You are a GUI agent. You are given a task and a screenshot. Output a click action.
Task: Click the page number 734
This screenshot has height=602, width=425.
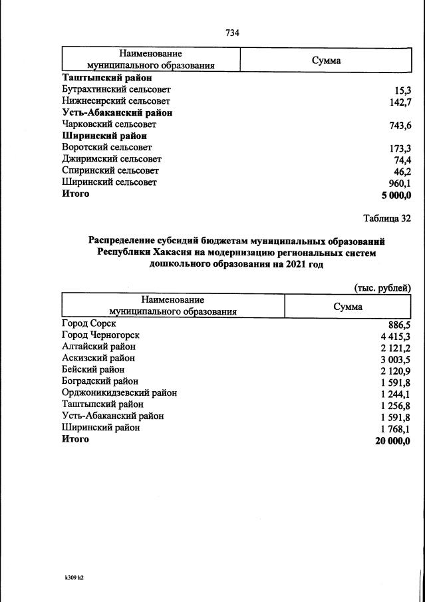click(x=232, y=33)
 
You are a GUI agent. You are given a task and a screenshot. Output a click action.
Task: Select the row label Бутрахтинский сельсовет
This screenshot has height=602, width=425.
click(x=116, y=89)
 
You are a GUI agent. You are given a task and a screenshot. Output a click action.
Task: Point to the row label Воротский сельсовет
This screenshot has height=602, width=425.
click(x=106, y=148)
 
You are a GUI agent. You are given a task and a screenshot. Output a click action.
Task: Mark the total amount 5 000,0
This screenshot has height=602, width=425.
click(x=396, y=195)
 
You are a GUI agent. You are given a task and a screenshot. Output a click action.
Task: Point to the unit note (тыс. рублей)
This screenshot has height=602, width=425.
click(x=382, y=287)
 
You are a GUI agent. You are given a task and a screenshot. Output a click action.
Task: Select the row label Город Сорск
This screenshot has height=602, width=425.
click(x=88, y=323)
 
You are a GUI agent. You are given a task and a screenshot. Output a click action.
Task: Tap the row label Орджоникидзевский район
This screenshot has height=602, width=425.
click(x=119, y=392)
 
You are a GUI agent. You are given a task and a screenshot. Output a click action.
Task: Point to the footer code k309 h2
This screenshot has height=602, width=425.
click(x=70, y=577)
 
